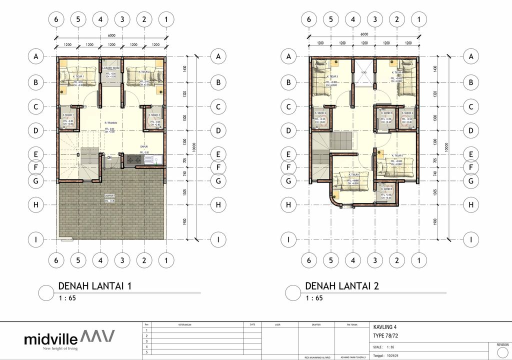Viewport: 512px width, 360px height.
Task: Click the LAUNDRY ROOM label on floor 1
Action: (110, 67)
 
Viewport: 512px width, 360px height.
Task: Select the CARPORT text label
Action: (110, 195)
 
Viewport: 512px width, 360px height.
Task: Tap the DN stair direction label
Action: (109, 157)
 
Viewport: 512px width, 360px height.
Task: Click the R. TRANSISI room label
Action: (110, 122)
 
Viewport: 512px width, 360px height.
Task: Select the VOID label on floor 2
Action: (363, 72)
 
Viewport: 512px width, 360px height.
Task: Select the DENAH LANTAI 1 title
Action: (95, 286)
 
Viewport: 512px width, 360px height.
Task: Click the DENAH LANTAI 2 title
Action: (341, 286)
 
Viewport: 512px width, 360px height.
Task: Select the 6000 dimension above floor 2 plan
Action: (364, 34)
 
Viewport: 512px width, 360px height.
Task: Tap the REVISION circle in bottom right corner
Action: (502, 351)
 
